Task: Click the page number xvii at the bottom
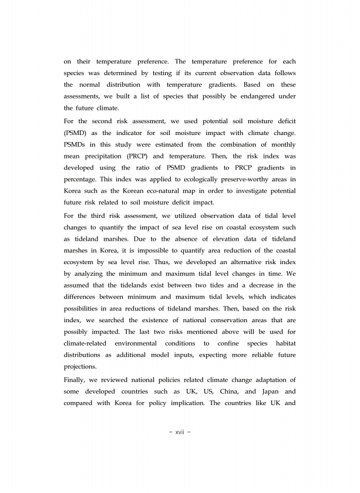(180, 433)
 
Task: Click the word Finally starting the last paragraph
(77, 379)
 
